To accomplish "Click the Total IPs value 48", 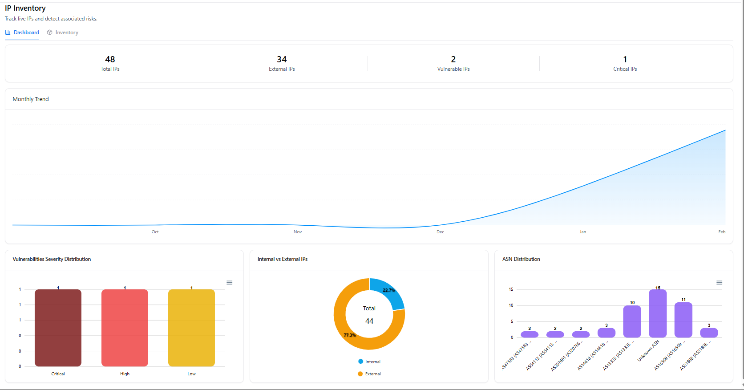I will (110, 59).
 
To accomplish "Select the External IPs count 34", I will (282, 59).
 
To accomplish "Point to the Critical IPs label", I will (625, 69).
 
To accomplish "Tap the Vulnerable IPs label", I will (453, 69).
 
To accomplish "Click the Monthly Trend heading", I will (31, 99).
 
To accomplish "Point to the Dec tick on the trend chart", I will (440, 232).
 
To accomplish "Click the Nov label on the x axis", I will (298, 232).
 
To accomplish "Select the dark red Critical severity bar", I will (58, 328).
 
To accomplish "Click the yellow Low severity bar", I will (191, 328).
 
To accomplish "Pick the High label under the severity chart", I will (125, 374).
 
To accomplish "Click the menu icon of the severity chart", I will (230, 283).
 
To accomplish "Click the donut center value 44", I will (369, 321).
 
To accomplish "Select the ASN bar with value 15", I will (658, 313).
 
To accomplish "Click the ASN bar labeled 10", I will (632, 321).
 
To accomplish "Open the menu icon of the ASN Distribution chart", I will (719, 283).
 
